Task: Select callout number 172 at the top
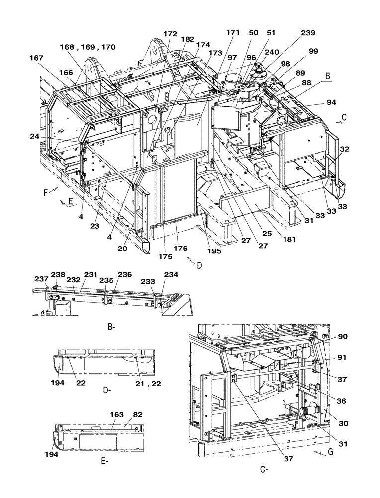pyautogui.click(x=170, y=34)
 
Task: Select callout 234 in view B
pyautogui.click(x=172, y=274)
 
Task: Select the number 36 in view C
pyautogui.click(x=342, y=400)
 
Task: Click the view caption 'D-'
pyautogui.click(x=106, y=391)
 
